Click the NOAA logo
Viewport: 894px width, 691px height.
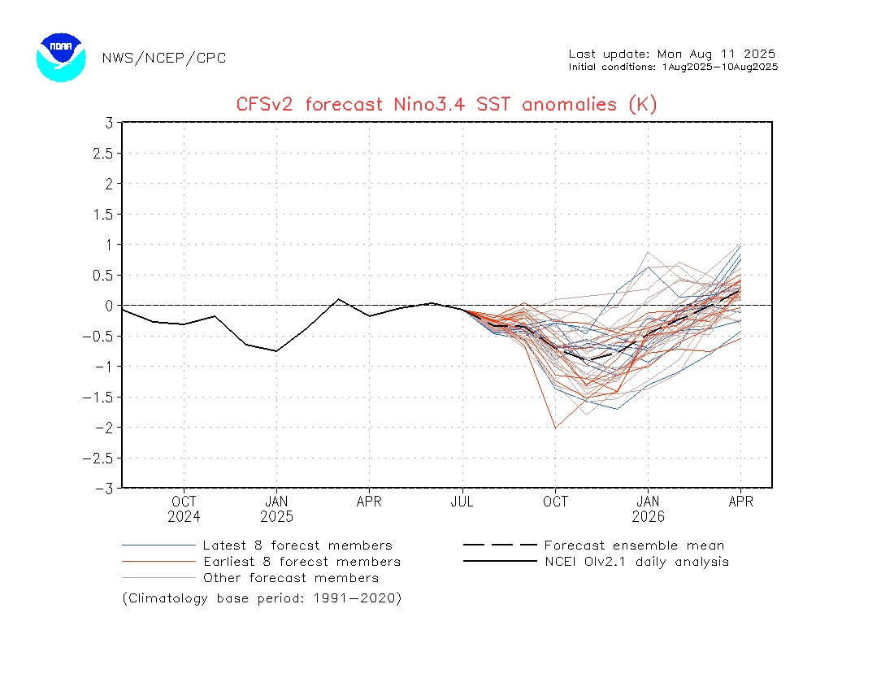[x=61, y=57]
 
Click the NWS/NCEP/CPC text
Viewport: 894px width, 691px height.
[x=164, y=58]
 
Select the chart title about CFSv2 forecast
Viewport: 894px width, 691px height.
[x=446, y=104]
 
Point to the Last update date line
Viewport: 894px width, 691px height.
[x=672, y=54]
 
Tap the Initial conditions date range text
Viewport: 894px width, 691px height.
[x=673, y=67]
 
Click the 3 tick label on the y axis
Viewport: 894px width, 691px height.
[x=107, y=123]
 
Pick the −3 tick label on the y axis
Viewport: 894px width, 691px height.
[x=103, y=489]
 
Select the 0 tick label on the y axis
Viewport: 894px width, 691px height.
[x=107, y=306]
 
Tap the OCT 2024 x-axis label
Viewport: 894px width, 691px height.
[x=184, y=509]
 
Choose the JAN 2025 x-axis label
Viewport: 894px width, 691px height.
[x=277, y=509]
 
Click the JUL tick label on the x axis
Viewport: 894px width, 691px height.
[x=462, y=502]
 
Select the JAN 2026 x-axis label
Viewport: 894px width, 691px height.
[x=648, y=509]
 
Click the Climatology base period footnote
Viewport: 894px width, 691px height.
[x=262, y=598]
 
